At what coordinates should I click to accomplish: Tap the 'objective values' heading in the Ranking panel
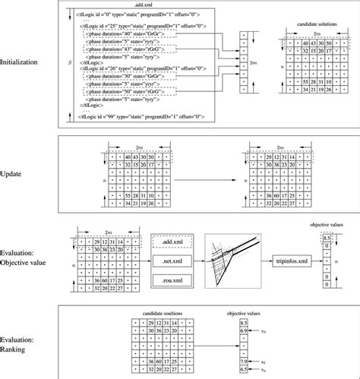click(x=242, y=313)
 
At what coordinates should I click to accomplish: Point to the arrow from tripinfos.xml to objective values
click(x=321, y=261)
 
